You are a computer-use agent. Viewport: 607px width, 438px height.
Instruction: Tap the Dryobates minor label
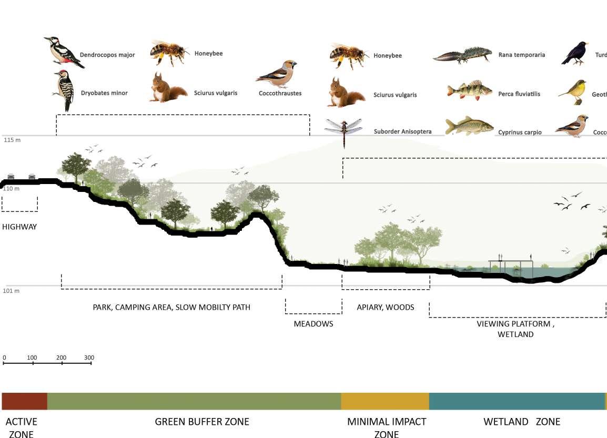coord(104,93)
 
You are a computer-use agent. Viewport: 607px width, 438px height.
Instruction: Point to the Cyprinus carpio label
coord(520,133)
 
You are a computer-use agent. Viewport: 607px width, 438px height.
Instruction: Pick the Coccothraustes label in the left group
coord(280,94)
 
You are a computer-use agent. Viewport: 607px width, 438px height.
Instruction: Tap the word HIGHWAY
coord(19,227)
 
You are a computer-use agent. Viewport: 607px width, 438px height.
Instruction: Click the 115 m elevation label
coord(12,140)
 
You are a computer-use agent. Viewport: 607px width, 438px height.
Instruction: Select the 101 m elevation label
coord(12,291)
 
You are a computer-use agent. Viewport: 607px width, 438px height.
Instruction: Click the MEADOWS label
coord(313,324)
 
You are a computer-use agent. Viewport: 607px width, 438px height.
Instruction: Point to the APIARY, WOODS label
coord(386,307)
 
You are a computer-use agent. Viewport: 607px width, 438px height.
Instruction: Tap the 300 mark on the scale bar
coord(89,358)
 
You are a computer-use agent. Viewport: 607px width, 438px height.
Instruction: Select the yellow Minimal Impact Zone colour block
coord(385,401)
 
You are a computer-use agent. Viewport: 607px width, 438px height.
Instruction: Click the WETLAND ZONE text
coord(522,422)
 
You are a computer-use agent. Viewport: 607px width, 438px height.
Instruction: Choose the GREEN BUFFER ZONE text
coord(202,422)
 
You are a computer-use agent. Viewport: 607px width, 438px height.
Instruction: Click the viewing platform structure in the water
coord(511,266)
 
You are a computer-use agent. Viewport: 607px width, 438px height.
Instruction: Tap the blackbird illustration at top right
coord(574,54)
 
